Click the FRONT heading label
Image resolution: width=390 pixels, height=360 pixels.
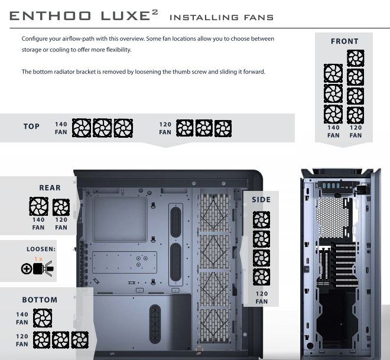pos(344,41)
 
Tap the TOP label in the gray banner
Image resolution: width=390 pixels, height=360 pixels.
pos(31,127)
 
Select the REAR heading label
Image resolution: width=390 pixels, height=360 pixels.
pos(50,187)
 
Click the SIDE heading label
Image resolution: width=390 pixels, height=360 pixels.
pos(261,200)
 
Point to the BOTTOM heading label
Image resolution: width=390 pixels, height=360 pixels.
pos(40,300)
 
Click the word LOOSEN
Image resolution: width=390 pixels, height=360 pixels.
pos(41,249)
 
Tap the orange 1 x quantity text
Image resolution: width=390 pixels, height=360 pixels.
pos(38,259)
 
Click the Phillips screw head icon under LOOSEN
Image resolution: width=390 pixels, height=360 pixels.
pos(27,269)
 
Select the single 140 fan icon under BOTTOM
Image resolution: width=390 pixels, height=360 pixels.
pos(43,318)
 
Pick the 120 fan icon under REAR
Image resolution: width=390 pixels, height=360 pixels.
pos(61,207)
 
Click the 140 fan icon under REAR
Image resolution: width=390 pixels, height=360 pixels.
pos(39,206)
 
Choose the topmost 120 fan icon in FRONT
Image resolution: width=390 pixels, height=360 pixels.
pos(356,58)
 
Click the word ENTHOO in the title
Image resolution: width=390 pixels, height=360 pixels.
pos(50,16)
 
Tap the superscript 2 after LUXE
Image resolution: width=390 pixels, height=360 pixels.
pos(155,12)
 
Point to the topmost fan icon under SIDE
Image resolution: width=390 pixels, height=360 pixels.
pos(261,220)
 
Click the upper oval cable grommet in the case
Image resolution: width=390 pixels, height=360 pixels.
pos(176,222)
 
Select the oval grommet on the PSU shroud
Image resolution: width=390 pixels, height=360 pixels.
pos(155,324)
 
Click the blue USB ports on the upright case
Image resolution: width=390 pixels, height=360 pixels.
pos(331,186)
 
